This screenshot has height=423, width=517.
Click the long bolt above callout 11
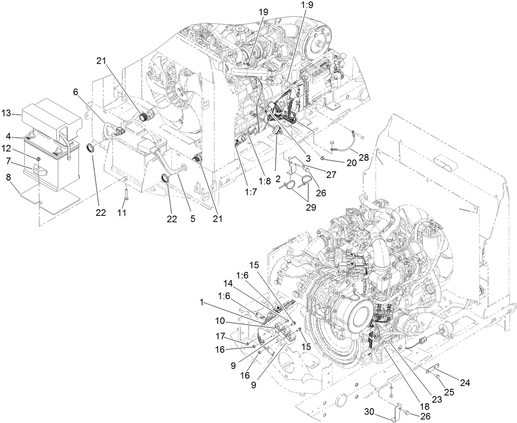(125, 193)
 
